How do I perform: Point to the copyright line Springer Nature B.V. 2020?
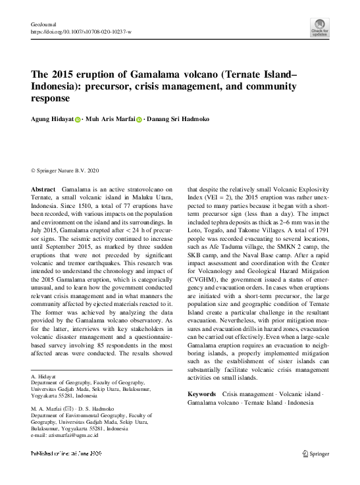click(x=66, y=169)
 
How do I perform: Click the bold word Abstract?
click(x=43, y=189)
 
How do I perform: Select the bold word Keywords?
click(x=201, y=394)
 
